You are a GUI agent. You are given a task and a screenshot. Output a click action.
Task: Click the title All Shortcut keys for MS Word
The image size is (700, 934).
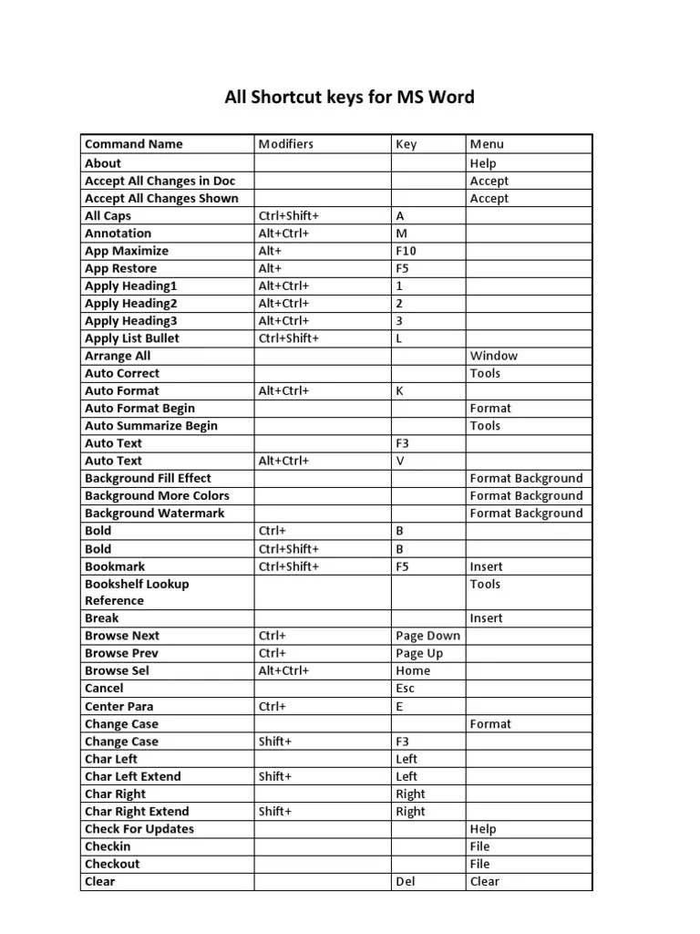[349, 97]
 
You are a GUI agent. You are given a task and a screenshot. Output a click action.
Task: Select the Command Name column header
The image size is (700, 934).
[133, 144]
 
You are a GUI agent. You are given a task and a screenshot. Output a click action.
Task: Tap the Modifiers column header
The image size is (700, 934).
[285, 144]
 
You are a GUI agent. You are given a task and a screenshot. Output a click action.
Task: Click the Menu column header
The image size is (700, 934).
[486, 144]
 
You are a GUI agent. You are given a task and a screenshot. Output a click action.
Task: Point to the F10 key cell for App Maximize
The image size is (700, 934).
[407, 251]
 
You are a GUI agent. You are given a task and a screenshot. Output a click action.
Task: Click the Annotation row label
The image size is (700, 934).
[118, 233]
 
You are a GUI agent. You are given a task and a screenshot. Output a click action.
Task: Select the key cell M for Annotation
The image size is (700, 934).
[402, 233]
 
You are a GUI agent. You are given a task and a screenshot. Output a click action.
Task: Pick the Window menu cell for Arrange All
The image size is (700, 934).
[493, 356]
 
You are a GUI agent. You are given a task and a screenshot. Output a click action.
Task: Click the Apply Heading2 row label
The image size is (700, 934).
[130, 303]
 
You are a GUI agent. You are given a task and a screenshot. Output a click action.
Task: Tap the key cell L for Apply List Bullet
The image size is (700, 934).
[399, 338]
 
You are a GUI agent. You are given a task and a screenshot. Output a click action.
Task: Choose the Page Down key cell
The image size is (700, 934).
[427, 636]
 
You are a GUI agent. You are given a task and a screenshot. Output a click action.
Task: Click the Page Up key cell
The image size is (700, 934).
[419, 653]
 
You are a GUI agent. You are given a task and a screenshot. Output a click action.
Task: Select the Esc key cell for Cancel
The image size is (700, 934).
[406, 689]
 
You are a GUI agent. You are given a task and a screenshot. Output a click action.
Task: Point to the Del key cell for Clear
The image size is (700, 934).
[406, 882]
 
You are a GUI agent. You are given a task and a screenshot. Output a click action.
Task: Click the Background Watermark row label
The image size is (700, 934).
[154, 514]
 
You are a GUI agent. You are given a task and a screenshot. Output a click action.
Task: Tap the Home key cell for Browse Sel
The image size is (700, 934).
[413, 670]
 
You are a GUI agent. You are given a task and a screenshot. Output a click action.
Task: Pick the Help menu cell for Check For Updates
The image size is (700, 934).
[482, 829]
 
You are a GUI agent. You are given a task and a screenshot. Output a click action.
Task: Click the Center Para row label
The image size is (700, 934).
[118, 706]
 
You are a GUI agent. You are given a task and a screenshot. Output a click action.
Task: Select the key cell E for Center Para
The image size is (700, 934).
[399, 706]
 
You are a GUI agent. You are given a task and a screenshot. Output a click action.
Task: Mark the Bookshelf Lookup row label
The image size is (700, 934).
[137, 584]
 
